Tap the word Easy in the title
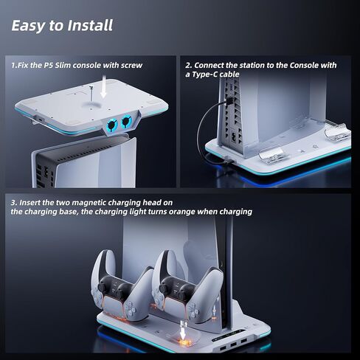(27, 25)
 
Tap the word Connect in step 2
(211, 65)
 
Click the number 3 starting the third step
(13, 201)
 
